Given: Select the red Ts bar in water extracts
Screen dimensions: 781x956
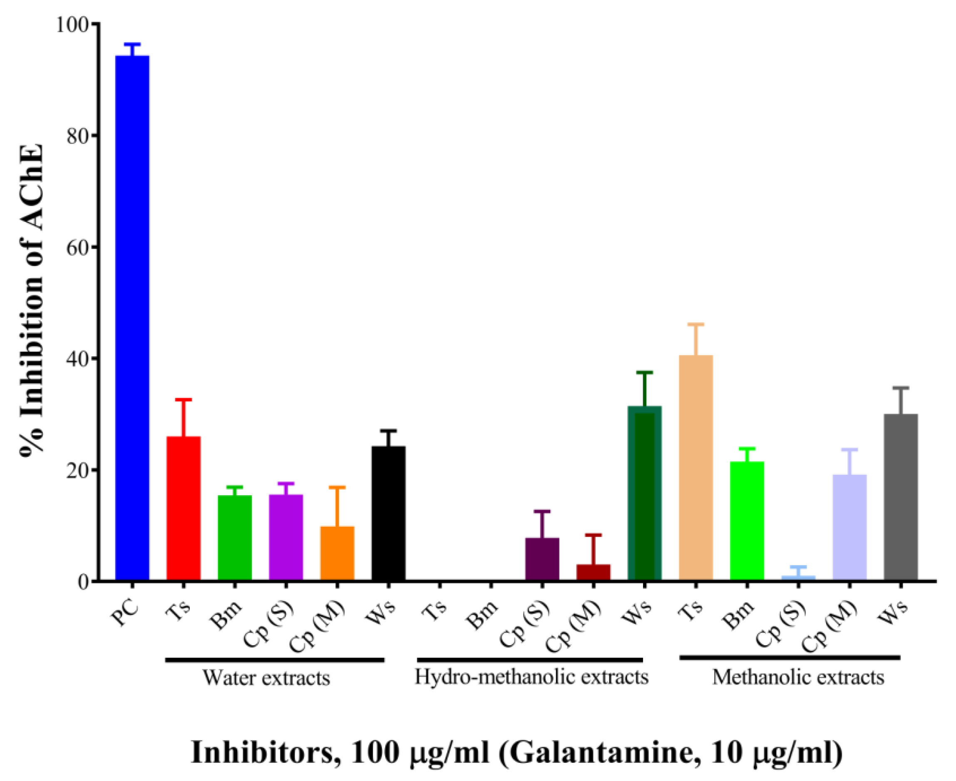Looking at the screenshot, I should click(183, 508).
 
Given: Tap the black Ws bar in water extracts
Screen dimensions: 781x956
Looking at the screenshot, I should click(388, 513).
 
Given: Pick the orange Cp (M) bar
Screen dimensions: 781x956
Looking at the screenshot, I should click(337, 553).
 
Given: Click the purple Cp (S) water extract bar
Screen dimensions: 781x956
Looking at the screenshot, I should click(286, 538).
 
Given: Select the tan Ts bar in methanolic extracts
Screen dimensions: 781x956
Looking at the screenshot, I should click(695, 468).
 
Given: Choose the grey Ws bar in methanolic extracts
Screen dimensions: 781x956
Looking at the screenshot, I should click(901, 498).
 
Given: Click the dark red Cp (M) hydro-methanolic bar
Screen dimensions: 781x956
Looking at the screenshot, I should click(593, 573).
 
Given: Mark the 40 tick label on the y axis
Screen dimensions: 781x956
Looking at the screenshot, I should click(77, 359).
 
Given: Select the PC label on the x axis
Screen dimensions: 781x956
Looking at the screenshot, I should click(126, 613).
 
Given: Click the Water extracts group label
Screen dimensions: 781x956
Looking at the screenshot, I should click(266, 677).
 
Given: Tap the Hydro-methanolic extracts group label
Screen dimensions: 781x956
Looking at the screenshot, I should click(531, 676).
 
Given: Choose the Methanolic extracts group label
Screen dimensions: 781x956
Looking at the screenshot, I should click(798, 677).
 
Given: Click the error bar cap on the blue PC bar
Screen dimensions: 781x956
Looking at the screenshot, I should click(132, 44).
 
